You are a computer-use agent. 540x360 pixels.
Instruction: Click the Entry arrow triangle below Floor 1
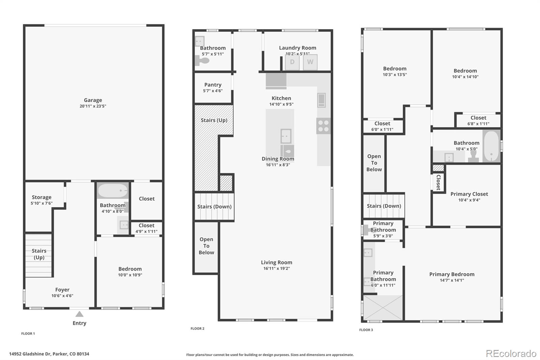[79, 314]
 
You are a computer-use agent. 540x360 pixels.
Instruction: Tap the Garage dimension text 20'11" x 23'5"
[93, 106]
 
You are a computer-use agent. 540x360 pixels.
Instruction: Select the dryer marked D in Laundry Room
[292, 62]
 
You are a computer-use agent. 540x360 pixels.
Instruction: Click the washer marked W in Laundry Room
[310, 62]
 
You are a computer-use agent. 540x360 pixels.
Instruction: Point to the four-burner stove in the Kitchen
[323, 126]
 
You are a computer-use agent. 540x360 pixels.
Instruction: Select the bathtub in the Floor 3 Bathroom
[491, 147]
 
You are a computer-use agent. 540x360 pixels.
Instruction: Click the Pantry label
[213, 85]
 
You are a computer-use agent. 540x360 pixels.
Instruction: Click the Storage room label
[42, 197]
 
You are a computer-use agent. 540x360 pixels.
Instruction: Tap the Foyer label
[62, 290]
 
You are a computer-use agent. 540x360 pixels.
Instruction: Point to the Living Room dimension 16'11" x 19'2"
[276, 268]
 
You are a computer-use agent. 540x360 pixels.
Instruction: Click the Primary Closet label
[469, 194]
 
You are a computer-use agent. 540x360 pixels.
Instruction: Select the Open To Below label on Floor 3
[374, 163]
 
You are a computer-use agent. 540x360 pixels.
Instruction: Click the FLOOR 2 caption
[197, 328]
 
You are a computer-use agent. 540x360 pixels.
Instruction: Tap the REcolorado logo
[511, 353]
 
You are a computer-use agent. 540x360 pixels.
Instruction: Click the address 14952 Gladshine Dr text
[49, 354]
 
